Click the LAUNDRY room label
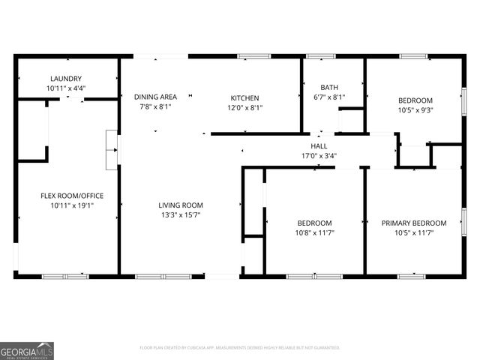click(x=66, y=79)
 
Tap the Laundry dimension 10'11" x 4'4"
click(x=66, y=88)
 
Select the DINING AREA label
click(x=155, y=97)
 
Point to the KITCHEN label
click(x=244, y=98)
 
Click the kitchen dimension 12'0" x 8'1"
click(x=244, y=107)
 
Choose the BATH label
click(x=328, y=88)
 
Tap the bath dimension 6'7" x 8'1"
click(x=328, y=97)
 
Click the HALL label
click(x=319, y=146)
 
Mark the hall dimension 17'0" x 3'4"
click(x=319, y=156)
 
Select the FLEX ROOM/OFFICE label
click(x=72, y=196)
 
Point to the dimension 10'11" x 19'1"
click(x=72, y=205)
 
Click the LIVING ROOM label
click(x=180, y=205)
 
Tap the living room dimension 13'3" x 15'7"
click(x=180, y=214)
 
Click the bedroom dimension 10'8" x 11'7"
click(x=314, y=232)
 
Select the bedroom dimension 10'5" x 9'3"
click(x=415, y=110)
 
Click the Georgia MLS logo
click(x=27, y=350)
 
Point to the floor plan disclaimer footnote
click(x=240, y=348)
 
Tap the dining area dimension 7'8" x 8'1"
click(x=155, y=106)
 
